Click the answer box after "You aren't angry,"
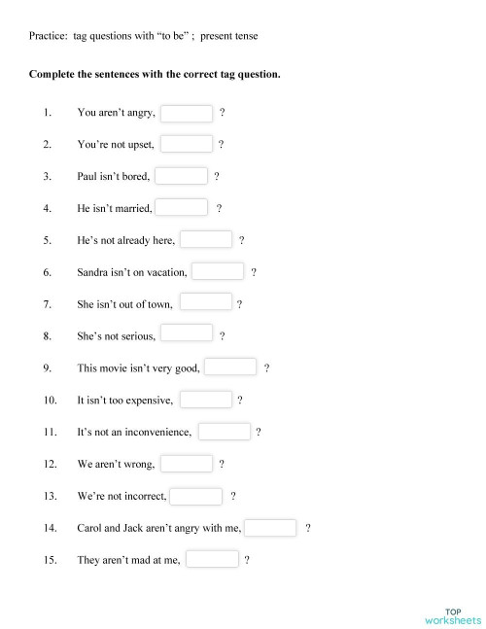pyautogui.click(x=187, y=114)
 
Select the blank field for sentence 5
pyautogui.click(x=206, y=240)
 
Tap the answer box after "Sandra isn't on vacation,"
pyautogui.click(x=218, y=272)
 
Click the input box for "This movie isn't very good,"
pyautogui.click(x=230, y=367)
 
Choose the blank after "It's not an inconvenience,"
pyautogui.click(x=225, y=431)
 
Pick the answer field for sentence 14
pyautogui.click(x=271, y=528)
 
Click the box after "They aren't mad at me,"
pyautogui.click(x=212, y=559)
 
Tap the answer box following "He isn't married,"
pyautogui.click(x=182, y=208)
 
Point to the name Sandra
pyautogui.click(x=93, y=272)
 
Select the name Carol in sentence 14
pyautogui.click(x=90, y=528)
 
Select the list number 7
pyautogui.click(x=48, y=304)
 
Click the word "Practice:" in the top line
pyautogui.click(x=48, y=36)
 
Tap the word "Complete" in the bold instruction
pyautogui.click(x=53, y=74)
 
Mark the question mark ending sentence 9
pyautogui.click(x=266, y=368)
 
